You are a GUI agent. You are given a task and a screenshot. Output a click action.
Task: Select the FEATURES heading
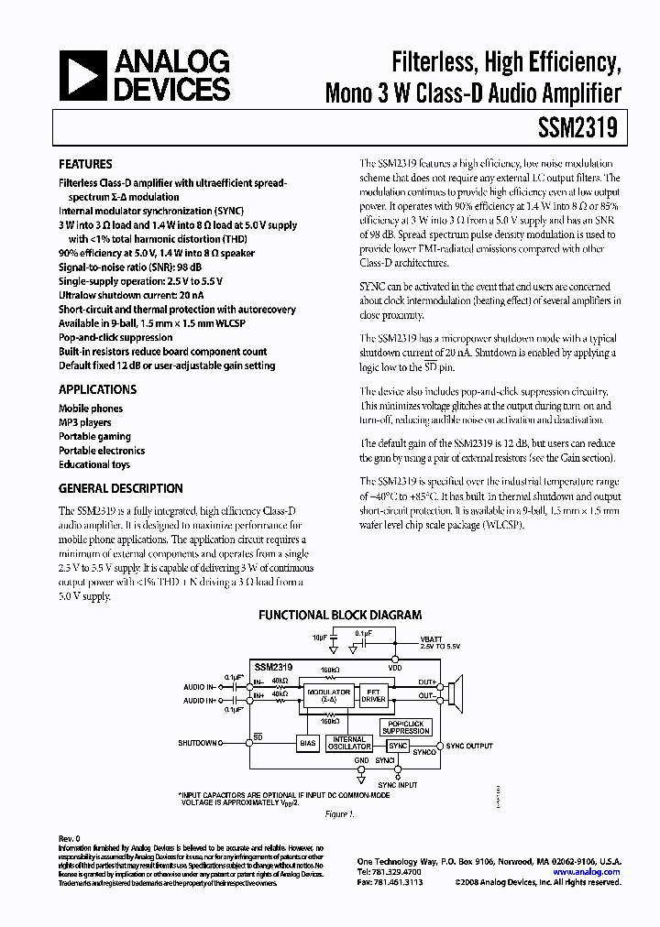(x=85, y=165)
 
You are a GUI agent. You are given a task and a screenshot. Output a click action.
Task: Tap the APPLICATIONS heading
(x=97, y=389)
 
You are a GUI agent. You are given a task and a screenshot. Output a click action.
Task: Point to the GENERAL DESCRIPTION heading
(x=121, y=488)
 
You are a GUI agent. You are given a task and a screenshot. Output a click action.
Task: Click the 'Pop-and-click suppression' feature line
(x=115, y=337)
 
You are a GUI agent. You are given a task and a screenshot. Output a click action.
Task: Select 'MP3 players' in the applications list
(x=85, y=422)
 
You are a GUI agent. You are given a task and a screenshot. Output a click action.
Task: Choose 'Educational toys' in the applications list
(x=94, y=464)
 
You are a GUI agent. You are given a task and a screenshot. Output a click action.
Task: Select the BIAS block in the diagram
(x=308, y=744)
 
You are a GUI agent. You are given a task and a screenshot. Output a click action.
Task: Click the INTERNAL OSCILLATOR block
(x=349, y=743)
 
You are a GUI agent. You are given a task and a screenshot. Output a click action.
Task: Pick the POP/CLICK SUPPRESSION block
(x=406, y=727)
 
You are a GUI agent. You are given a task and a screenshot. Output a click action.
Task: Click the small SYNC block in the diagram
(x=397, y=747)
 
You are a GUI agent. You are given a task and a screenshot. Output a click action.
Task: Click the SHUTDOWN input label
(x=197, y=742)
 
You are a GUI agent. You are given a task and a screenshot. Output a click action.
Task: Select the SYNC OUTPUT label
(x=469, y=747)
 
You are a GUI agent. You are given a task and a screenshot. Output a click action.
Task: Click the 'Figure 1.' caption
(x=338, y=813)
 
